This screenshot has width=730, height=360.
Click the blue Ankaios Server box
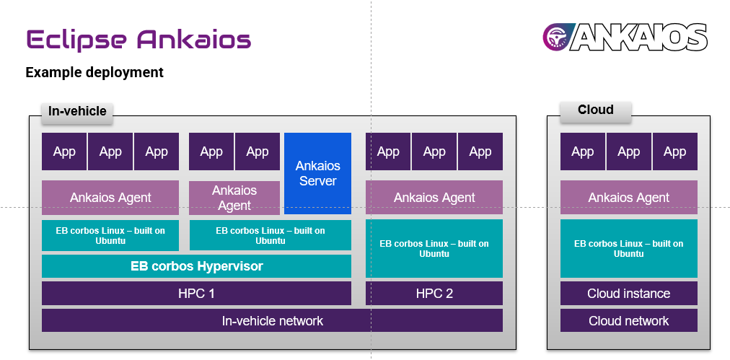click(317, 173)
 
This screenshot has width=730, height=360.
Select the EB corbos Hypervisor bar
click(196, 266)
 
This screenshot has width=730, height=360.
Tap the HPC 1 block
click(196, 294)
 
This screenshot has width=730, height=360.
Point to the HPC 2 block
click(434, 294)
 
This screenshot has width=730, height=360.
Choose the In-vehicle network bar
click(272, 321)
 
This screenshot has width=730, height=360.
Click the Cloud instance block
click(628, 294)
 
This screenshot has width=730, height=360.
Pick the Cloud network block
click(628, 321)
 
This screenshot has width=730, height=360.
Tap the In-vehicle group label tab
click(77, 111)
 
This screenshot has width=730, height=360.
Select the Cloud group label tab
click(596, 110)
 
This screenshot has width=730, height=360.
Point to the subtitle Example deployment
click(94, 73)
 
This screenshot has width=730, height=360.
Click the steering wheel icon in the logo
click(557, 36)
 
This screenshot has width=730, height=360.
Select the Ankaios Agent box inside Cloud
click(628, 198)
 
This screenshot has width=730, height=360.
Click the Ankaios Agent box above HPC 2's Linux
click(434, 198)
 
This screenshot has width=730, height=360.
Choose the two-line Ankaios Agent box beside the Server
click(234, 198)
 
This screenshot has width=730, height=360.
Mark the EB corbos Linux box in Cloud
click(628, 248)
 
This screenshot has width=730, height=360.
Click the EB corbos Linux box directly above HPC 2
click(434, 248)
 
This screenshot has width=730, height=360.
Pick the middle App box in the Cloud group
click(628, 152)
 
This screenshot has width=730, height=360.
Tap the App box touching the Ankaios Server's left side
click(258, 152)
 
